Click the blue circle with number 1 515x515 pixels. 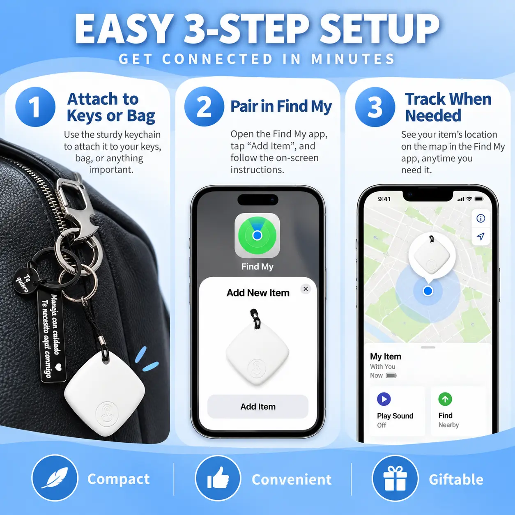[x=35, y=107]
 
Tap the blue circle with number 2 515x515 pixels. [x=204, y=106]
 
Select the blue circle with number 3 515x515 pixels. [x=375, y=107]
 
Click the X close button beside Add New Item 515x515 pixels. [x=306, y=289]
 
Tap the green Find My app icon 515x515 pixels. [x=257, y=235]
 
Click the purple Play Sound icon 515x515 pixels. [x=384, y=399]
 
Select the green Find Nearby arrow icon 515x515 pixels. [x=445, y=399]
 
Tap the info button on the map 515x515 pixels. [x=481, y=218]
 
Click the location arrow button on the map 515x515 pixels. [x=481, y=236]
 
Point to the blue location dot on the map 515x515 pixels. [x=428, y=291]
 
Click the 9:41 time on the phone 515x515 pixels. [x=384, y=199]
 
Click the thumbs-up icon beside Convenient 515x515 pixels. [x=218, y=478]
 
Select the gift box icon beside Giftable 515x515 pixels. [x=395, y=478]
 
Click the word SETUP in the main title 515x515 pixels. [x=379, y=29]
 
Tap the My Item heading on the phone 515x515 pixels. [x=385, y=356]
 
